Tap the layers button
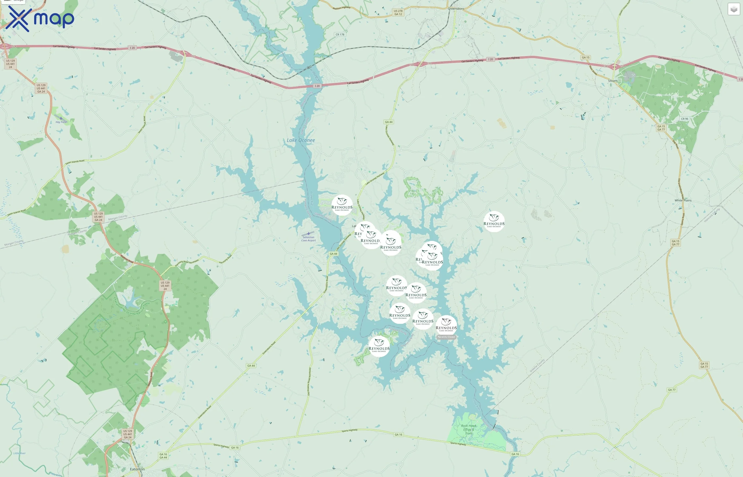click(734, 9)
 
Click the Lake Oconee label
click(300, 140)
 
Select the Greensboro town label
click(456, 9)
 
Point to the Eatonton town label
click(137, 469)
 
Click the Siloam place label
click(612, 81)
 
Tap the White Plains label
click(683, 200)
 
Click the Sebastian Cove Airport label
click(308, 239)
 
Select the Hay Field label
click(61, 122)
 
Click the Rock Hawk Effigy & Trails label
click(469, 429)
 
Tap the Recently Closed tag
click(446, 337)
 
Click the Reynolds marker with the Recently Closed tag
click(446, 325)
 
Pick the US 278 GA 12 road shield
click(398, 13)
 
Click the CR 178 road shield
click(340, 34)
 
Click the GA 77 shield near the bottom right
click(672, 390)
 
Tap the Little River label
click(20, 453)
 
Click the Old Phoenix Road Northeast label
click(309, 382)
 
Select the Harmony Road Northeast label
click(187, 263)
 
